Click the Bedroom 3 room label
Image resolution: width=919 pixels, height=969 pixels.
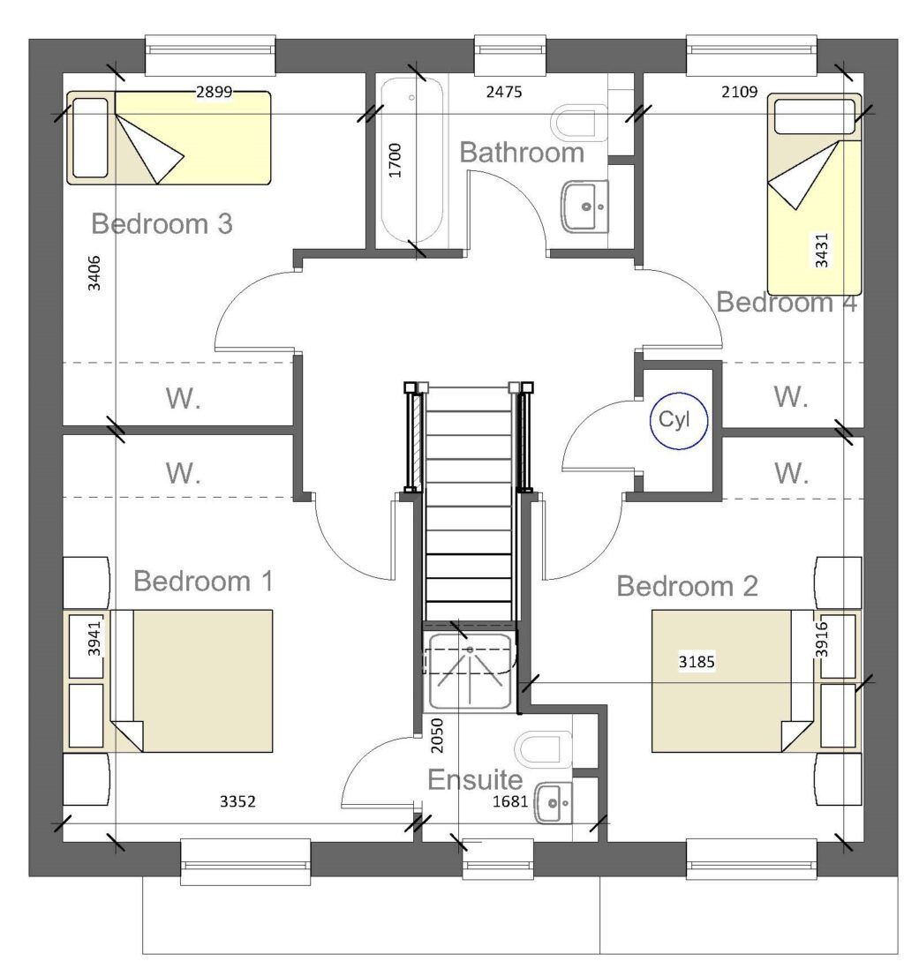pos(162,224)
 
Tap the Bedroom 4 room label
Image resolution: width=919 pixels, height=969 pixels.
pos(787,303)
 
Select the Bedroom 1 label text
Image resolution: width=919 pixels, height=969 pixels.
pos(203,582)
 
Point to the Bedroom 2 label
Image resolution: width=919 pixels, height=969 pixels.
pos(687,586)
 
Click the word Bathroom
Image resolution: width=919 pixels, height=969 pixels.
pos(522,153)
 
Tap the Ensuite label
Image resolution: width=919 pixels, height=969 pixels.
pos(475,780)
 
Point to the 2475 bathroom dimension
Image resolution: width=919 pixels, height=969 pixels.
pos(505,91)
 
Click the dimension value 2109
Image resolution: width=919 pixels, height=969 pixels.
pos(738,91)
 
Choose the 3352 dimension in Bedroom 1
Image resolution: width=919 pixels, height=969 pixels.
pos(237,801)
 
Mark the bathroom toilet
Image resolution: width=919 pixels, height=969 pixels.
pos(578,122)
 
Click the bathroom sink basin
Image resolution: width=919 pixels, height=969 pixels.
pos(584,205)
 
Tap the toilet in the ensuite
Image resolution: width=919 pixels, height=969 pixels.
pos(545,748)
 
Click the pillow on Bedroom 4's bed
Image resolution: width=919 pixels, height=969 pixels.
pos(814,116)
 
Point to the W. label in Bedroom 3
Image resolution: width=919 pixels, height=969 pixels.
pos(183,399)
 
